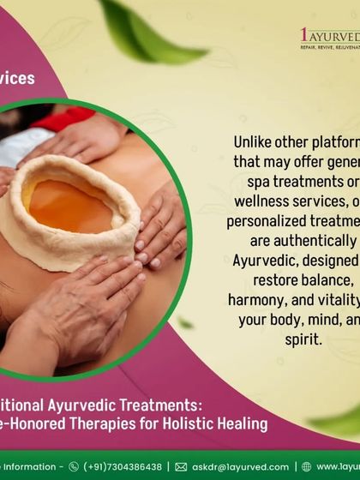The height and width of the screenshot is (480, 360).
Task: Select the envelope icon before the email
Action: tap(181, 467)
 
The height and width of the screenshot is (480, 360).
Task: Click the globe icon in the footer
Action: tap(307, 467)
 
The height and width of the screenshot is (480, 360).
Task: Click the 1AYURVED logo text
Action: tap(331, 35)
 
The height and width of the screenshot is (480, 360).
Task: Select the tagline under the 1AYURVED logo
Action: tap(331, 50)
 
